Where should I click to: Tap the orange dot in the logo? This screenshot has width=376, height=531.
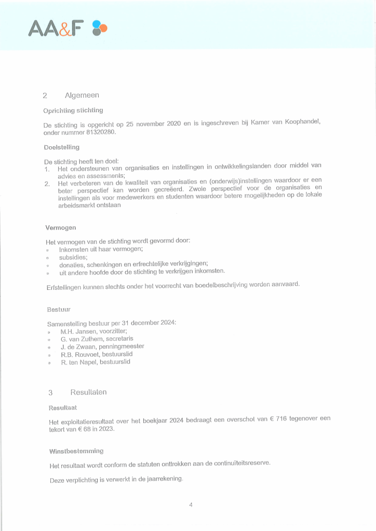coord(103,28)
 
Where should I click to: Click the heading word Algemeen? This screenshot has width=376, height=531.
coord(82,95)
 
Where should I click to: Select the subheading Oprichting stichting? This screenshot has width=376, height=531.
coord(73,110)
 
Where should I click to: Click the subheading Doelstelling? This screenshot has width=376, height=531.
coord(62,147)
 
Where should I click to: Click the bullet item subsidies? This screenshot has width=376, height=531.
coord(73,257)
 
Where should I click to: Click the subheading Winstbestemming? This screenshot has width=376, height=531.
coord(76,451)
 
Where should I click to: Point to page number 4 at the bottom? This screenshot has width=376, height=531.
coord(191,505)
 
